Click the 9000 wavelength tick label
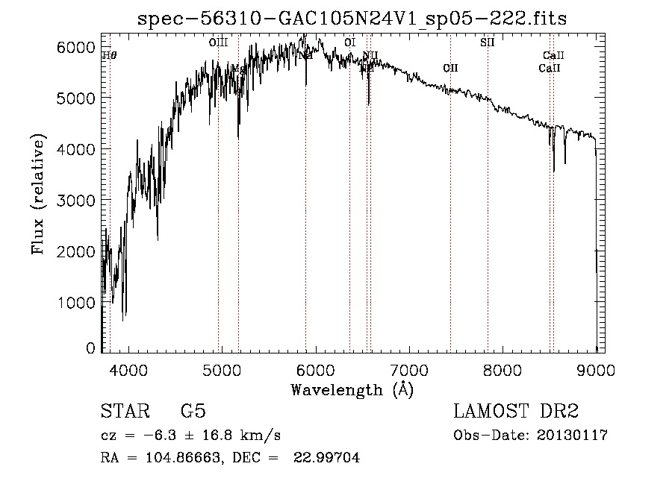click(596, 370)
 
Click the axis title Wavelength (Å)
click(352, 389)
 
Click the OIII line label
click(218, 43)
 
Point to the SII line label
click(487, 43)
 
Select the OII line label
click(450, 69)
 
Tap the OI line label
click(349, 43)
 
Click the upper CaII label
click(553, 56)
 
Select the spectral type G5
click(193, 412)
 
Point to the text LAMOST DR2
click(516, 412)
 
